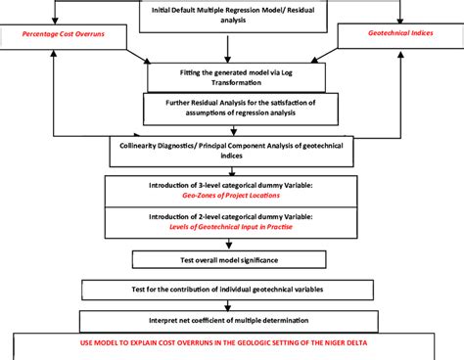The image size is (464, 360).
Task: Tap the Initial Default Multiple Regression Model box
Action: coord(231,16)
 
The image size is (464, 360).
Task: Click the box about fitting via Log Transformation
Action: coord(231,75)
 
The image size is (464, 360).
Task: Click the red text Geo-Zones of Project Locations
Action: coord(231,195)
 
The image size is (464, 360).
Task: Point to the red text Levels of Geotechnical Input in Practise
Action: coord(231,227)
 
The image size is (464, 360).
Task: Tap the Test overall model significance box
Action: coord(231,258)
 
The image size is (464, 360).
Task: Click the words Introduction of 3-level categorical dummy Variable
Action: coord(231,185)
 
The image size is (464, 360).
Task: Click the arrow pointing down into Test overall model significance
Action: coord(231,245)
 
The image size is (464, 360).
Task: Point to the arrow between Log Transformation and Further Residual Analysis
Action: coord(231,90)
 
